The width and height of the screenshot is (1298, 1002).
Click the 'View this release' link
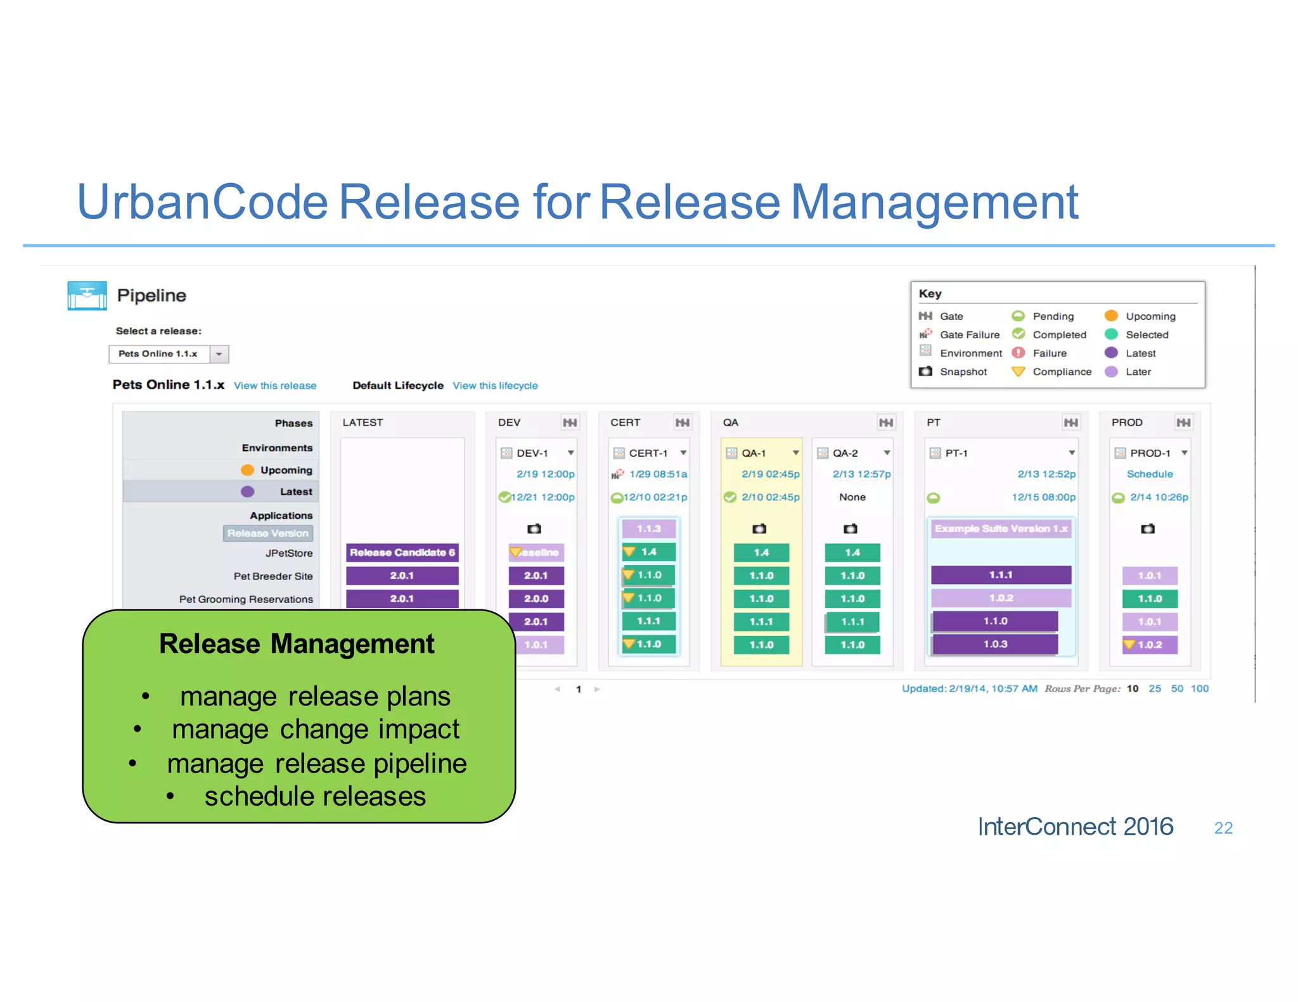click(274, 386)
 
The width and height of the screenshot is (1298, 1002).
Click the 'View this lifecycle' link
click(495, 386)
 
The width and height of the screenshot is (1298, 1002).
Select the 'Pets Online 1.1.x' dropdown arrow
click(219, 354)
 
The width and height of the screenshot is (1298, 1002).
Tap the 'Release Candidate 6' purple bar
click(402, 552)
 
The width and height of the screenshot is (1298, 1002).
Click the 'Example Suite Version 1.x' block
click(1001, 529)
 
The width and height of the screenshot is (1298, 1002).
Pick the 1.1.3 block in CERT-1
click(648, 529)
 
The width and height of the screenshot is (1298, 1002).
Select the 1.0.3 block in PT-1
click(994, 644)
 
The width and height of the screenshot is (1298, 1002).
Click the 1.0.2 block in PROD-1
click(1150, 645)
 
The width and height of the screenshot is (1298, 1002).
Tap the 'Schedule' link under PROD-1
click(1150, 474)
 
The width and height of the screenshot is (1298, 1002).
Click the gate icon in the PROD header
click(1183, 422)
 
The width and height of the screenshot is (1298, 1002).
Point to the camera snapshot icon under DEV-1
click(534, 529)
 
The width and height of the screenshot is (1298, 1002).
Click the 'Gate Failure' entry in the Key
click(969, 335)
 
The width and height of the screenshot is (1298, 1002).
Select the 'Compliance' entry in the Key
click(1062, 372)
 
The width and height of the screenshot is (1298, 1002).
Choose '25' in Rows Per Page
click(1155, 688)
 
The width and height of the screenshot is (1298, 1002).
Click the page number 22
click(1223, 828)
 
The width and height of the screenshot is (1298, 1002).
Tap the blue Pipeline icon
click(87, 296)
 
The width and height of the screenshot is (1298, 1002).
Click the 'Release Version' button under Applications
click(268, 533)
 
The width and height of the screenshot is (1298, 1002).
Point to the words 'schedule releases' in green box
click(315, 796)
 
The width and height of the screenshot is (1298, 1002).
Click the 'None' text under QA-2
click(852, 497)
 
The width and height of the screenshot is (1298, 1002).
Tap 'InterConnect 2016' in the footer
click(1076, 827)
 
